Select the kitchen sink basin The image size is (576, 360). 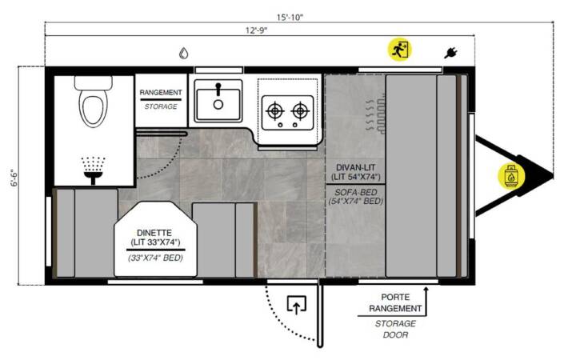click(x=218, y=104)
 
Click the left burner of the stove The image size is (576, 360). click(x=275, y=110)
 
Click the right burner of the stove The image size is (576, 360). click(x=300, y=110)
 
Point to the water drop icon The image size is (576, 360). click(x=184, y=54)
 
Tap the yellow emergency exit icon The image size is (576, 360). click(x=400, y=50)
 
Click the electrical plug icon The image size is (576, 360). click(x=450, y=53)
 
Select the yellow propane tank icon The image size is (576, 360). click(x=511, y=176)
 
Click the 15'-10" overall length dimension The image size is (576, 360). click(x=290, y=18)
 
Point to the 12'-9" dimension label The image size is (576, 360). click(x=257, y=30)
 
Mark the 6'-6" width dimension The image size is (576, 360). click(x=14, y=178)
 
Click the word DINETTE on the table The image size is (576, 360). click(x=154, y=233)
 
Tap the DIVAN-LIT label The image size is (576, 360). click(x=355, y=167)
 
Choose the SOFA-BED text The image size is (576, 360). click(x=355, y=192)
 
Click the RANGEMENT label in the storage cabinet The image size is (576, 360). click(x=161, y=93)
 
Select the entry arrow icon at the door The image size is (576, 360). click(x=297, y=305)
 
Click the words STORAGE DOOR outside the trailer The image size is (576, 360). click(x=396, y=329)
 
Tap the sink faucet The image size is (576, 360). click(x=218, y=90)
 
